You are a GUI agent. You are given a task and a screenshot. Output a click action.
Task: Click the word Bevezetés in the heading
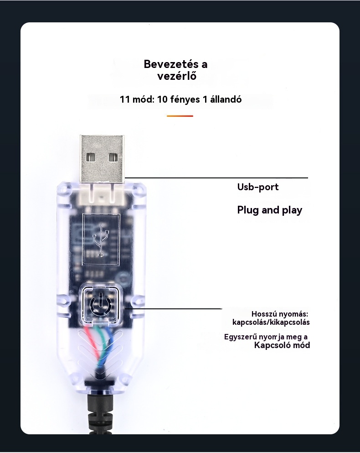[x=166, y=64]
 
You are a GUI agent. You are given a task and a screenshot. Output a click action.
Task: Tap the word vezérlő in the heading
[x=177, y=76]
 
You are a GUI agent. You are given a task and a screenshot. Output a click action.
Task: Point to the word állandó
[x=226, y=99]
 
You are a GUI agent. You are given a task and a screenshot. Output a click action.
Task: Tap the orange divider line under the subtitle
[x=180, y=116]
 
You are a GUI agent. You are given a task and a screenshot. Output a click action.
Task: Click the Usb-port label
[x=257, y=187]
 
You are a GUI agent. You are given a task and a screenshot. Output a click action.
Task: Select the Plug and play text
[x=269, y=210]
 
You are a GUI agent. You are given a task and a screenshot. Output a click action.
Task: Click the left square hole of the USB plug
[x=92, y=157]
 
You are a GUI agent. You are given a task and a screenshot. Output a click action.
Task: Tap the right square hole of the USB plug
[x=113, y=157]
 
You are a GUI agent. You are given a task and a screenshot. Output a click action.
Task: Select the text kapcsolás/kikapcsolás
[x=271, y=322]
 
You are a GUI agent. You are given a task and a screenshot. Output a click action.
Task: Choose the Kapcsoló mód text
[x=282, y=345]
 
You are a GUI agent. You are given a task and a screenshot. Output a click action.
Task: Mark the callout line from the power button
[x=173, y=309]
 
